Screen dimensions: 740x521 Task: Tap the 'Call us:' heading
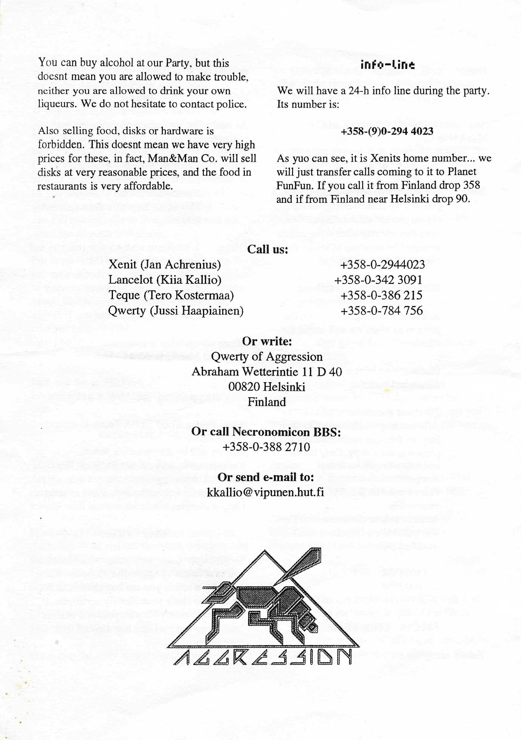click(267, 249)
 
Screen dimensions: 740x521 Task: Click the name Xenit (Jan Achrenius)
click(165, 265)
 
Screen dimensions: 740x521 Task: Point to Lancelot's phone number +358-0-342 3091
click(378, 280)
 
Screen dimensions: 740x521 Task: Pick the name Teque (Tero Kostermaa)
click(171, 295)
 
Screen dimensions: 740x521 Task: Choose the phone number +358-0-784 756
click(382, 311)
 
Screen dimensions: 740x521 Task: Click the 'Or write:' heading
click(267, 341)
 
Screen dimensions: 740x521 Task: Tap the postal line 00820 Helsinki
click(267, 387)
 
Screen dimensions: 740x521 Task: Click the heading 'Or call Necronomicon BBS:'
click(266, 432)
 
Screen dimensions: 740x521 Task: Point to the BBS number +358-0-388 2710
click(266, 447)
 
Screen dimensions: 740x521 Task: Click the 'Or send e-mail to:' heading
click(266, 477)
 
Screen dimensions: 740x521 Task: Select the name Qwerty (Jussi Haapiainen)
click(176, 311)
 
